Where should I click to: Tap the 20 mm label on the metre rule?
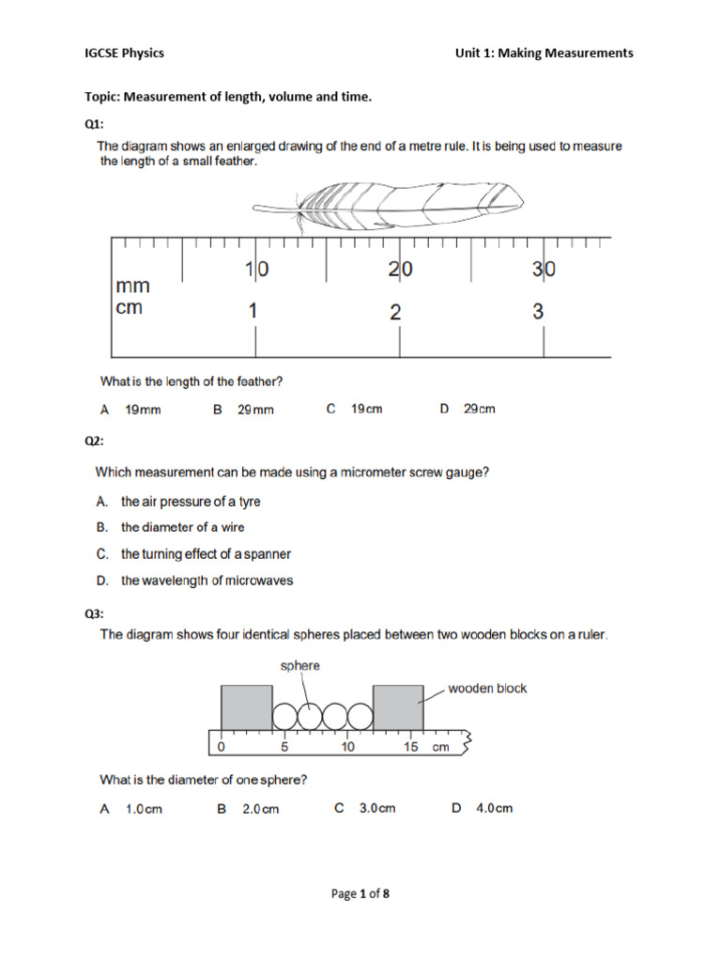[401, 270]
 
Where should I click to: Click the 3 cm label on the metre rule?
[538, 312]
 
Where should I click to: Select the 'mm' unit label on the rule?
[131, 286]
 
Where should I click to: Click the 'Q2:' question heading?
[96, 441]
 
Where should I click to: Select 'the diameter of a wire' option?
[182, 527]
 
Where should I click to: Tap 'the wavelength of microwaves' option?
[207, 581]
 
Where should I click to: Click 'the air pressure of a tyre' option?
[191, 502]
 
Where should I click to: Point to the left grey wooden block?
[246, 707]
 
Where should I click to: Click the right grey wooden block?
[397, 707]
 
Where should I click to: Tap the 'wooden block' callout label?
[487, 689]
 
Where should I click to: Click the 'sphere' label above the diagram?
[300, 665]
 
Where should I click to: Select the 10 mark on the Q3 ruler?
[347, 748]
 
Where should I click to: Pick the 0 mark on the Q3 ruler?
[221, 748]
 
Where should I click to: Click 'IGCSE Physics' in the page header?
[124, 53]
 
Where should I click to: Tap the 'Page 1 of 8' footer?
[360, 893]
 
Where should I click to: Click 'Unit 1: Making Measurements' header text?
[544, 53]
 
